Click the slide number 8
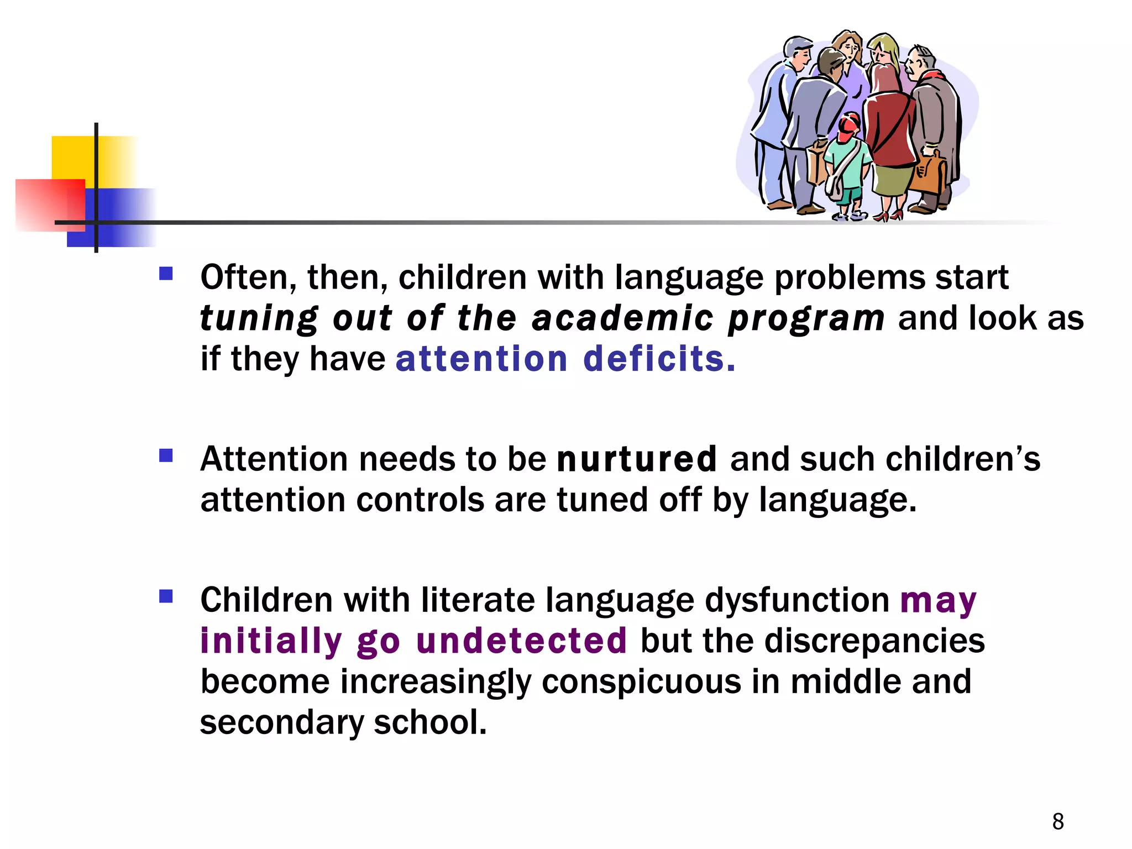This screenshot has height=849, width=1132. click(1058, 821)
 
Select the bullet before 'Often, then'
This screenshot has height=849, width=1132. click(166, 274)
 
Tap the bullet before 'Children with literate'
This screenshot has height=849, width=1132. click(166, 597)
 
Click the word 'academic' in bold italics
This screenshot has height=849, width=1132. click(622, 319)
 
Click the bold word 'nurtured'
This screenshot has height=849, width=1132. click(637, 459)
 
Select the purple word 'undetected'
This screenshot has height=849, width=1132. click(521, 641)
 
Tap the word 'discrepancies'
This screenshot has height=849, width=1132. click(874, 641)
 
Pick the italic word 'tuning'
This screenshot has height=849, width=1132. click(259, 319)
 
